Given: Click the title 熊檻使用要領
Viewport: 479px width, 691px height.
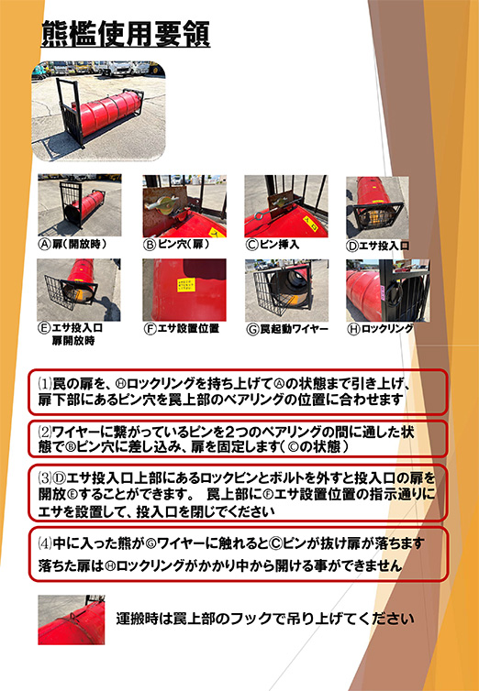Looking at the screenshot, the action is [126, 34].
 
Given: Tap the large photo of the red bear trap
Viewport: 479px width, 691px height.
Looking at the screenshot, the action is [98, 111].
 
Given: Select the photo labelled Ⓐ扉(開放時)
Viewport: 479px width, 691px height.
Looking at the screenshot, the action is [80, 205].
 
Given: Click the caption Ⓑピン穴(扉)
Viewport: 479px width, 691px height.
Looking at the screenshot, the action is [176, 245].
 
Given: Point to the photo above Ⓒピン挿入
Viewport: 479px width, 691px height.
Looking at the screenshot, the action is [286, 206].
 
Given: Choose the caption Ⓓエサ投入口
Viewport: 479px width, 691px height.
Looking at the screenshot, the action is [377, 246].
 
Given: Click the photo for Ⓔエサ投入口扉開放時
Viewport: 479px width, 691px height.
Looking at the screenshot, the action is [79, 290].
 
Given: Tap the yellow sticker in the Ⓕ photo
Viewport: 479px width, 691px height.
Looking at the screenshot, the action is [185, 285].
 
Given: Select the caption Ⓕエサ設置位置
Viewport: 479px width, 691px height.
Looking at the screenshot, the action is [182, 329].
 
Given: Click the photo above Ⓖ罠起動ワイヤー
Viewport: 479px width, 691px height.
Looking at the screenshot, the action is [286, 291].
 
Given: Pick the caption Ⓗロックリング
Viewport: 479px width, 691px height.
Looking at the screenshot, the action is [381, 329].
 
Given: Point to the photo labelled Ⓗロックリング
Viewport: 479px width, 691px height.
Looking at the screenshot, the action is [388, 291].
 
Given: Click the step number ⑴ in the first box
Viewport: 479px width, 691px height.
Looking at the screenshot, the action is [45, 384].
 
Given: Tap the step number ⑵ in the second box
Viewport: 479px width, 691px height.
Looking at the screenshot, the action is [45, 431].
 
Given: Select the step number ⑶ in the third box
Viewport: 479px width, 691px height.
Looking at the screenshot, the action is [45, 478].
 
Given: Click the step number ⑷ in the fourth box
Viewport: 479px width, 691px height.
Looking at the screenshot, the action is [45, 543].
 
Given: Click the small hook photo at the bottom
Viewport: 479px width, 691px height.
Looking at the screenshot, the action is [72, 620].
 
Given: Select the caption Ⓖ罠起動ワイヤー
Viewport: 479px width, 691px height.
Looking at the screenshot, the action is [287, 330].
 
